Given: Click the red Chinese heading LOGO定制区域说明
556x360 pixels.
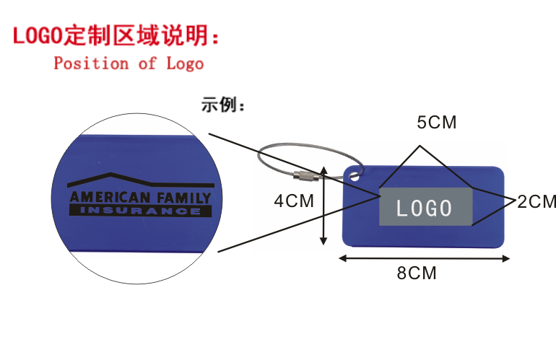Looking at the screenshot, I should (x=116, y=34).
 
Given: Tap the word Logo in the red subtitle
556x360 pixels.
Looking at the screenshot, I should (x=185, y=64).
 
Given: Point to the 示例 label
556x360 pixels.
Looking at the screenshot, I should (x=223, y=107).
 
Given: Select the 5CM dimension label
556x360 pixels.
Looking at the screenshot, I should (x=437, y=123).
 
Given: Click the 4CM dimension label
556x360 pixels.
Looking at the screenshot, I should (x=294, y=201).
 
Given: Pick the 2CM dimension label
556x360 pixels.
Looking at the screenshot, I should (x=537, y=202).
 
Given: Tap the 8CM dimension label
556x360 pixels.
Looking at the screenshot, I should (x=417, y=274).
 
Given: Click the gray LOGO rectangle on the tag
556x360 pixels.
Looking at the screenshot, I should (x=425, y=208).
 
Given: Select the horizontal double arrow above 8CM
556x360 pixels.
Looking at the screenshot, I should (x=425, y=258).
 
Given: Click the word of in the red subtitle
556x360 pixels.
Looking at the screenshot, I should (x=147, y=63).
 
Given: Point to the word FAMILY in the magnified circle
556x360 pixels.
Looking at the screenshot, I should (x=183, y=198).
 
